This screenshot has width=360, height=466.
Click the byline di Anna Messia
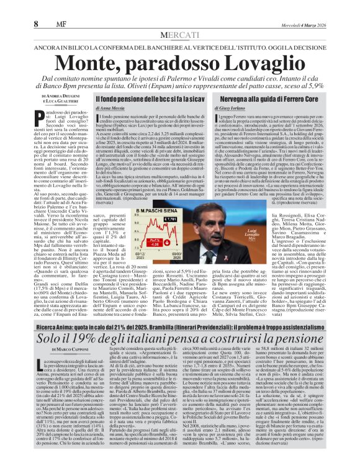[x=108, y=109]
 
